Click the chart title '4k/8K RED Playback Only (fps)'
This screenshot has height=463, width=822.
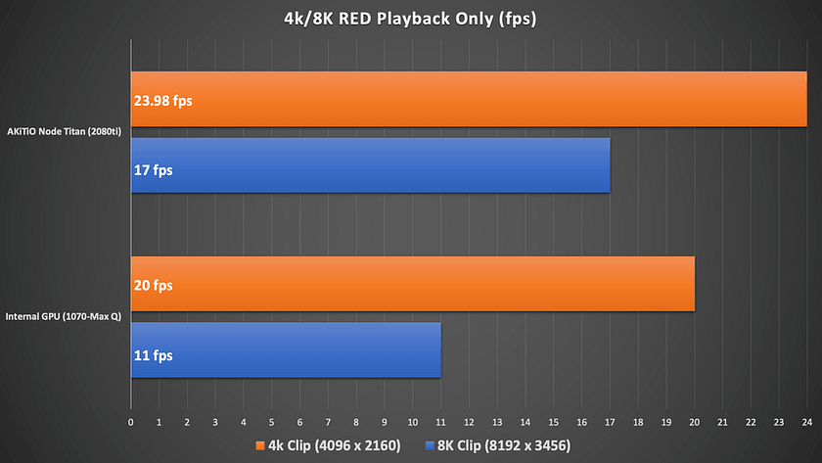point(410,19)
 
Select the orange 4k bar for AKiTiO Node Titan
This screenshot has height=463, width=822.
point(469,99)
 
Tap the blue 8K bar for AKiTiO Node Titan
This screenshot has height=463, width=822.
point(371,165)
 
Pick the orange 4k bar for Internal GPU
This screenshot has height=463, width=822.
point(413,284)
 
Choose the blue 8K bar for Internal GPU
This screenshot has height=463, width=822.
point(286,349)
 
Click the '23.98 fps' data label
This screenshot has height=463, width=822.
point(163,101)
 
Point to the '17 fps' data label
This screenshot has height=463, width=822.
point(153,170)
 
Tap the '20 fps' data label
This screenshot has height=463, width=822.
point(153,285)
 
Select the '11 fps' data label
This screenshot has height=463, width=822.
point(153,355)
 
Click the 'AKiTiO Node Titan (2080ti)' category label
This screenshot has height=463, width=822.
point(64,131)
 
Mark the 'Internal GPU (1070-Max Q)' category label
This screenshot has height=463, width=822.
point(64,317)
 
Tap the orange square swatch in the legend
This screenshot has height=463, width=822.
point(260,445)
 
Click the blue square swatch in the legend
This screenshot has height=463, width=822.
point(430,445)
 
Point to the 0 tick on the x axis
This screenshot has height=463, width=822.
point(130,422)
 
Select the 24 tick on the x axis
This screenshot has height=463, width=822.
point(806,422)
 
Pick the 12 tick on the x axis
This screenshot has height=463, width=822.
point(469,422)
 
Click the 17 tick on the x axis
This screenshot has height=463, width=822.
point(610,422)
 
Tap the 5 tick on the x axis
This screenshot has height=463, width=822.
point(272,422)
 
